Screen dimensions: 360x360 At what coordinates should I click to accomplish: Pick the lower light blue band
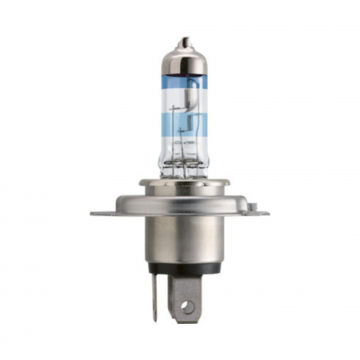184,125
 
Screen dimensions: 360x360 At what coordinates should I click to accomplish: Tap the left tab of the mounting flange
104,213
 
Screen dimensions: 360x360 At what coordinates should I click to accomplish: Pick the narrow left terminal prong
155,296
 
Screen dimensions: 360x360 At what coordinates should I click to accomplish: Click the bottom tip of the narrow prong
154,318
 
